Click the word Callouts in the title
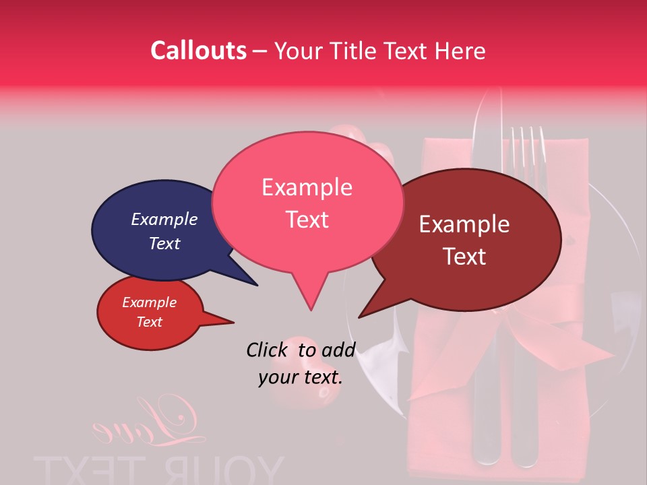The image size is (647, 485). tap(198, 51)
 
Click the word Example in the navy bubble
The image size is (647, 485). tap(164, 220)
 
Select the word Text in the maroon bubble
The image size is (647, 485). tap(465, 257)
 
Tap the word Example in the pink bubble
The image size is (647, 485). tap(307, 187)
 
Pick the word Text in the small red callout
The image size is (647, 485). tap(149, 322)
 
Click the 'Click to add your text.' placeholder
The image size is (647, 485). tap(300, 363)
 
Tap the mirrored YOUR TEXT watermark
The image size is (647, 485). tap(158, 468)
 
